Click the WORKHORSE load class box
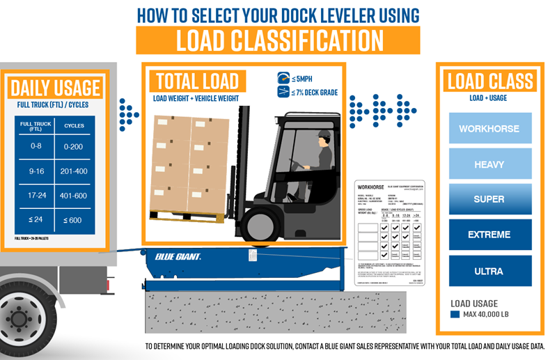[489, 129]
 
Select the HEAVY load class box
[489, 164]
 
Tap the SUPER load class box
[489, 199]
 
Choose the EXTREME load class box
[489, 235]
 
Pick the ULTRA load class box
[489, 271]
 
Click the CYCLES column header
[73, 127]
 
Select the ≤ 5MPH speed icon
[283, 77]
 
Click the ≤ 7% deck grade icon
[283, 91]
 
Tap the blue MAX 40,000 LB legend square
[455, 315]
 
